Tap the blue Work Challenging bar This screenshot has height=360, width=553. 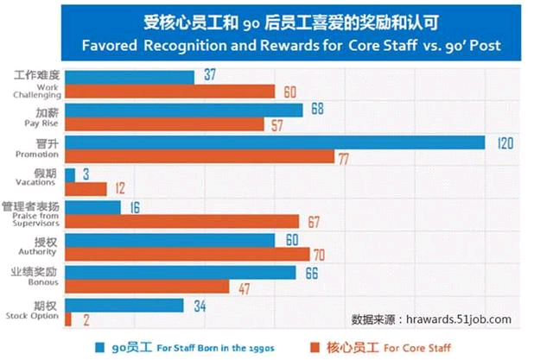[130, 77]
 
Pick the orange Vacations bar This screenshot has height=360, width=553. [86, 188]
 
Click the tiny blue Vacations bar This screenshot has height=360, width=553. [70, 174]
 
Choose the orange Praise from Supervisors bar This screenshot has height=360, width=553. [181, 221]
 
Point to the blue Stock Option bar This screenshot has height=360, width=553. [124, 305]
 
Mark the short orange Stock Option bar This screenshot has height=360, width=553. [68, 318]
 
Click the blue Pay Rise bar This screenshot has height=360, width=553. [184, 110]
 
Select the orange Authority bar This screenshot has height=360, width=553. [188, 254]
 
